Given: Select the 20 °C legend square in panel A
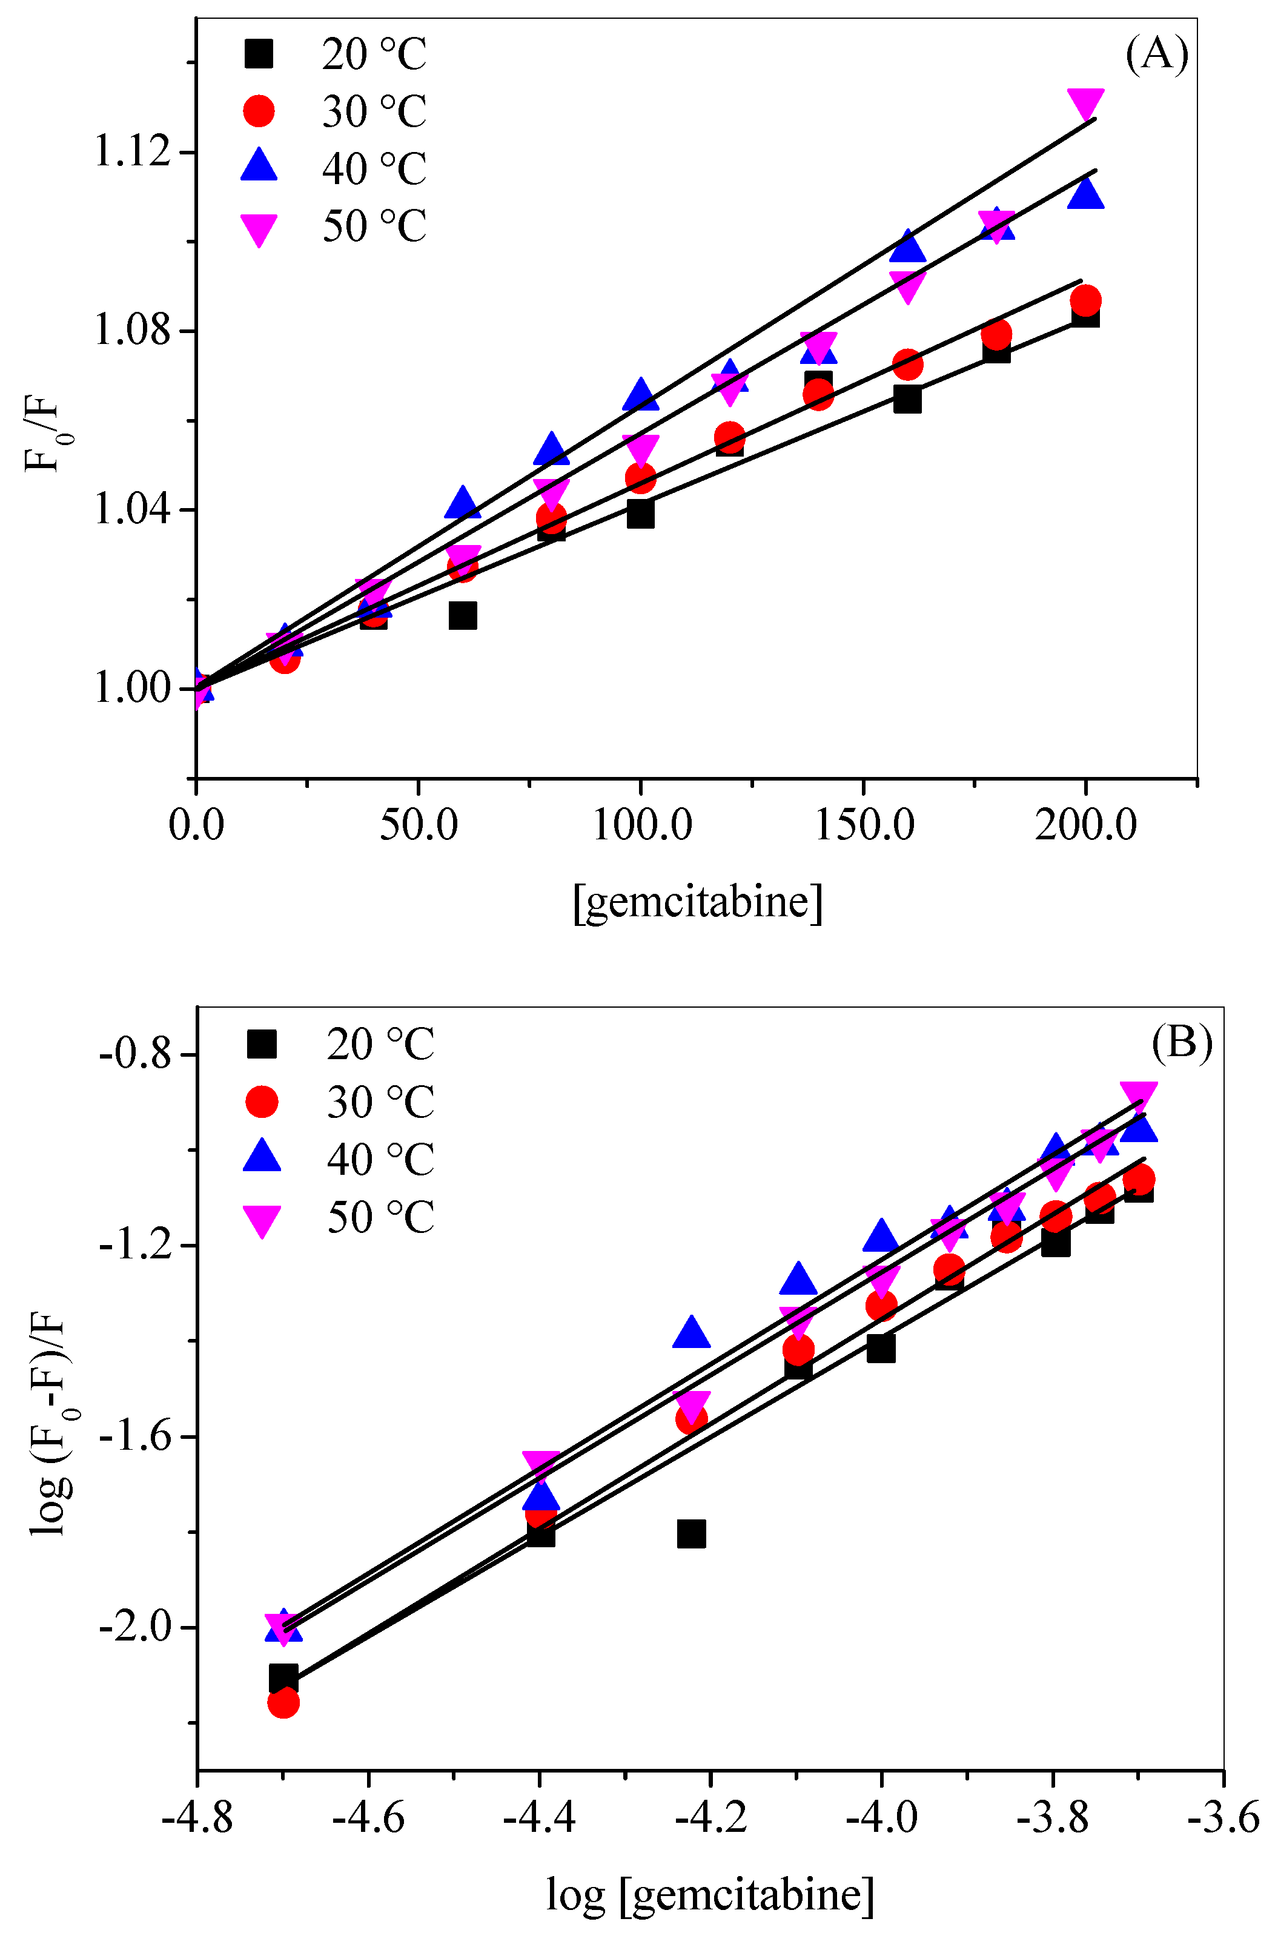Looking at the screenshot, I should [259, 55].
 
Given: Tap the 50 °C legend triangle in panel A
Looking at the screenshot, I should [259, 229].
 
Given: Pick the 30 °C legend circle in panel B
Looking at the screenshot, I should [262, 1102].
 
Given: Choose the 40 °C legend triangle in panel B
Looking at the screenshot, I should [262, 1157].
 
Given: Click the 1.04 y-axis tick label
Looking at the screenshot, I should [133, 510].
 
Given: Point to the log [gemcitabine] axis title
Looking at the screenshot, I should [709, 1894].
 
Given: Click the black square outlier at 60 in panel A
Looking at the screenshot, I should [462, 616].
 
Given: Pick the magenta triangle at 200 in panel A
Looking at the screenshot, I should [1085, 104].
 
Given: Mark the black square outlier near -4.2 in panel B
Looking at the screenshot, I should [691, 1534].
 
